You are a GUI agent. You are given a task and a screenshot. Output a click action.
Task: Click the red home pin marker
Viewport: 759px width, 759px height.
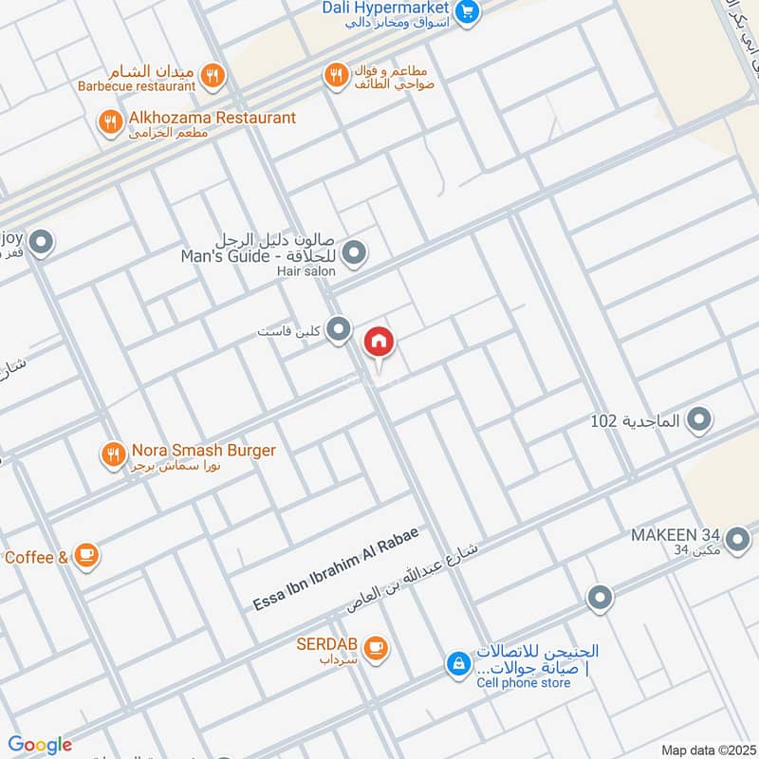(379, 343)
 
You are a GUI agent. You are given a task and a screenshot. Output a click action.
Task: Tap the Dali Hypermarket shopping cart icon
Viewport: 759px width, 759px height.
(466, 11)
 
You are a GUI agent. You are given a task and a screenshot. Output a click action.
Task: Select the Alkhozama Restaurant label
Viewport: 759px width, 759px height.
(213, 118)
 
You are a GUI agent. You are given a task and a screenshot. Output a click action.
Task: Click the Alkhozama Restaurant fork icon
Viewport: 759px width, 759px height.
(111, 121)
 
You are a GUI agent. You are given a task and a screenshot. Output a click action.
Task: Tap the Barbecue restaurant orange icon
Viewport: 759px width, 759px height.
(213, 75)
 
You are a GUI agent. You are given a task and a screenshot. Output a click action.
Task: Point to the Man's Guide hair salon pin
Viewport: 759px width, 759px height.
(354, 252)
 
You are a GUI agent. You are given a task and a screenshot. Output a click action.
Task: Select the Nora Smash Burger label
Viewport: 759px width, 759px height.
(203, 451)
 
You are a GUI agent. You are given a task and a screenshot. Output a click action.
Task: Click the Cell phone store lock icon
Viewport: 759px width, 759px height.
(458, 664)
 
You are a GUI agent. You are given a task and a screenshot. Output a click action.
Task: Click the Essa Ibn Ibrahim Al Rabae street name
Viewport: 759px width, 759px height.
(336, 566)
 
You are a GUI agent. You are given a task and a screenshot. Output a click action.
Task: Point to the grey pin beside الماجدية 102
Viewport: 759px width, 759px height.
(699, 418)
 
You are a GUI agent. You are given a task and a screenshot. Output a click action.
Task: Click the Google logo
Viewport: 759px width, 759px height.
(40, 745)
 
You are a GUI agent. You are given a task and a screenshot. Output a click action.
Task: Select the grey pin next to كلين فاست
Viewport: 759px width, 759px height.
(339, 329)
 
